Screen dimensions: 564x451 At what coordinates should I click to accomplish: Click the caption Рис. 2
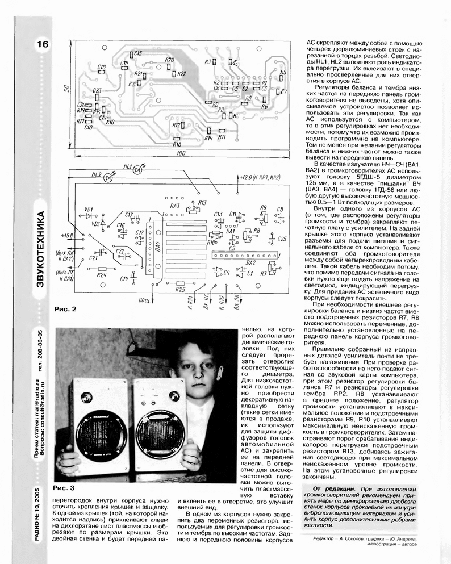(64, 309)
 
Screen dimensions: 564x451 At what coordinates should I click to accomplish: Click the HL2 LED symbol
(108, 177)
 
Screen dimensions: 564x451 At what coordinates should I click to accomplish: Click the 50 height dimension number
(66, 89)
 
